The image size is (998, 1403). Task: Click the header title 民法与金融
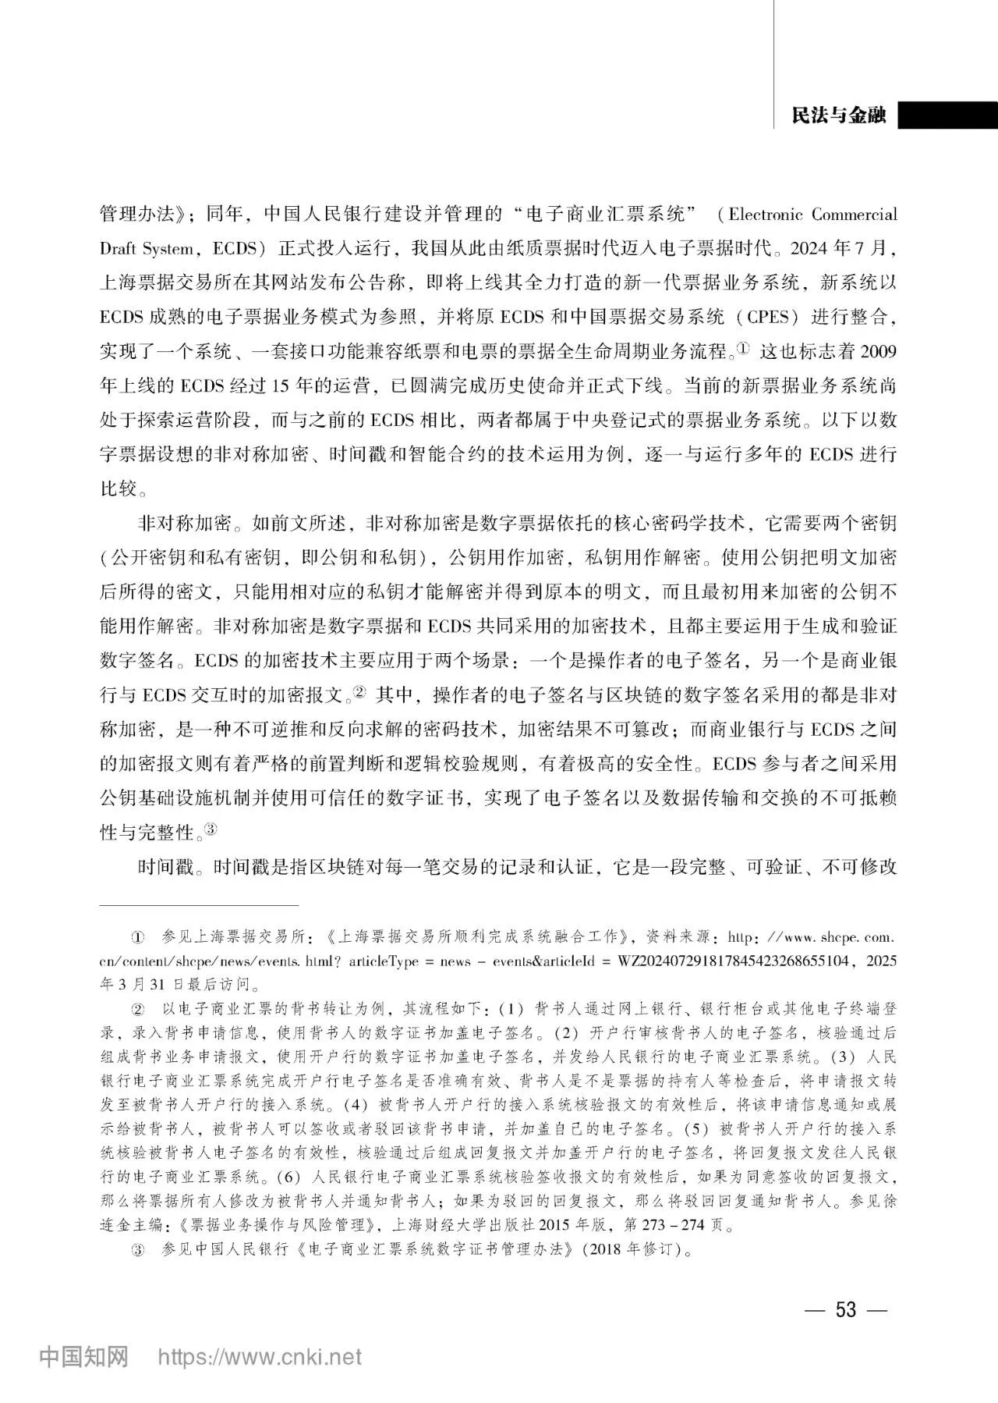pos(838,115)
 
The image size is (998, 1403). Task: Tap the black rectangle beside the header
pos(947,115)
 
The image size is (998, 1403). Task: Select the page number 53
pos(846,1309)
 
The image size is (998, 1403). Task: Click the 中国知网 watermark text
pos(83,1356)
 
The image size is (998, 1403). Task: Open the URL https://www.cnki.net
pos(260,1357)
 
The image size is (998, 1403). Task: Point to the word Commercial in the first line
pos(855,215)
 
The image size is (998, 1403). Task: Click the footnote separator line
pos(200,905)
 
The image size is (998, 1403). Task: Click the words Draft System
pos(147,249)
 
